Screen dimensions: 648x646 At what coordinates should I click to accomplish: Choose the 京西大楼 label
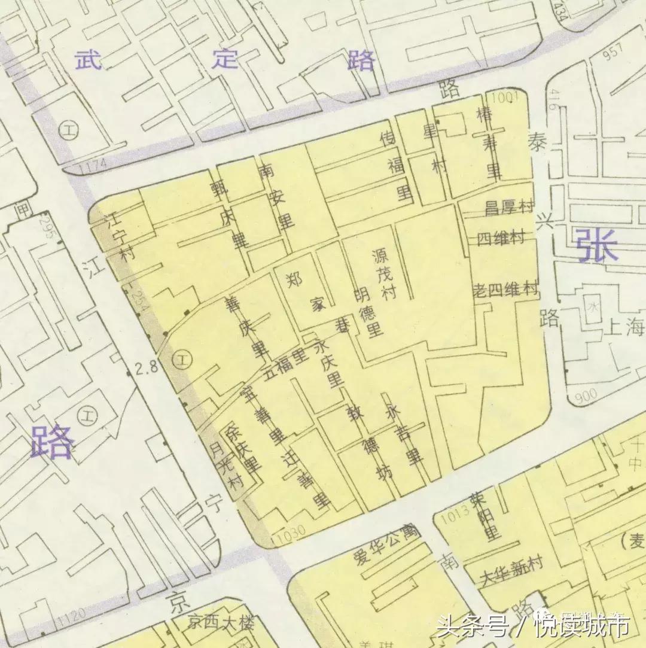coord(221,623)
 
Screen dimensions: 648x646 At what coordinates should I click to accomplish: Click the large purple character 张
coord(597,246)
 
